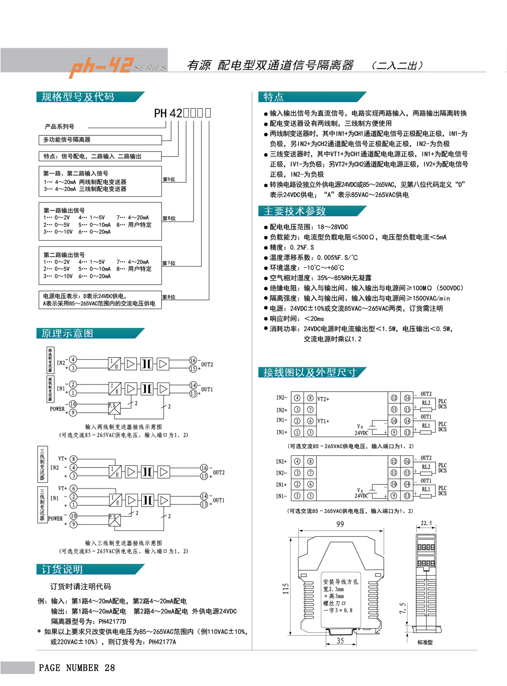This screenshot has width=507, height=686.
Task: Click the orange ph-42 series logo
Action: pyautogui.click(x=118, y=66)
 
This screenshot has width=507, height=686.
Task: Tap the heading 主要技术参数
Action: pyautogui.click(x=294, y=211)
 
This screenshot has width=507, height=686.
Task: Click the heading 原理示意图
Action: pyautogui.click(x=67, y=333)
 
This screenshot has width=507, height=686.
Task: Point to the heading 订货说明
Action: pyautogui.click(x=62, y=569)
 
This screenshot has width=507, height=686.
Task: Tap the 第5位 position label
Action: pyautogui.click(x=169, y=179)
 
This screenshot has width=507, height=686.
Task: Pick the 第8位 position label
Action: pyautogui.click(x=169, y=297)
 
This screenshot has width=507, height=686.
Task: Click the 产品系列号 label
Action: pyautogui.click(x=59, y=127)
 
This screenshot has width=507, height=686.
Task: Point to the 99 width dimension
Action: pyautogui.click(x=340, y=524)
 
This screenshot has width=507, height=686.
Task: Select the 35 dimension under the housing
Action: pyautogui.click(x=340, y=641)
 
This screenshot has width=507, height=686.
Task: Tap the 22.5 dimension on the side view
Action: pyautogui.click(x=426, y=523)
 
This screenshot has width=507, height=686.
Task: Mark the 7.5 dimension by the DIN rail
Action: pyautogui.click(x=403, y=608)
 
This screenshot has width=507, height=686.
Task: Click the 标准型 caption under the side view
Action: pyautogui.click(x=425, y=642)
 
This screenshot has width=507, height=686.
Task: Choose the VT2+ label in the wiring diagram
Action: pyautogui.click(x=323, y=399)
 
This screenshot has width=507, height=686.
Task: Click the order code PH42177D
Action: pyautogui.click(x=112, y=622)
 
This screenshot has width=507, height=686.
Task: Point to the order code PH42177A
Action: pyautogui.click(x=162, y=642)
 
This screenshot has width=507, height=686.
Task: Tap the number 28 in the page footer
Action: pyautogui.click(x=110, y=668)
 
